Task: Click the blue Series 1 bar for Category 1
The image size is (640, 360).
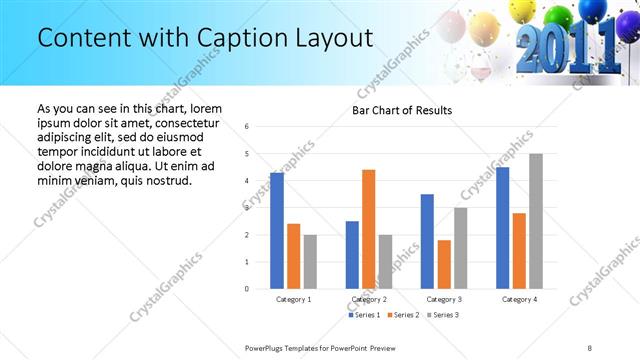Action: click(x=277, y=231)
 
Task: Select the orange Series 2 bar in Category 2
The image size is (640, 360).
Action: click(x=368, y=229)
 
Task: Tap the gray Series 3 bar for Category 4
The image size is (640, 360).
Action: click(x=536, y=221)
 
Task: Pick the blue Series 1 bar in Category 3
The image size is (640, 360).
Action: click(x=427, y=241)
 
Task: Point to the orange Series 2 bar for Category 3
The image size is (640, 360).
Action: click(x=444, y=264)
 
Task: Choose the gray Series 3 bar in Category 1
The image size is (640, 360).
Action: click(x=310, y=262)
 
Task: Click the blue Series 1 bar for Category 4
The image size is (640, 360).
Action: click(x=503, y=228)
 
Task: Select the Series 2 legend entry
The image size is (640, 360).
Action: click(x=404, y=315)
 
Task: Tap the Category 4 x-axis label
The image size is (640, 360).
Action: click(x=519, y=299)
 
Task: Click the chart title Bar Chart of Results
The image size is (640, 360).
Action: click(x=402, y=110)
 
